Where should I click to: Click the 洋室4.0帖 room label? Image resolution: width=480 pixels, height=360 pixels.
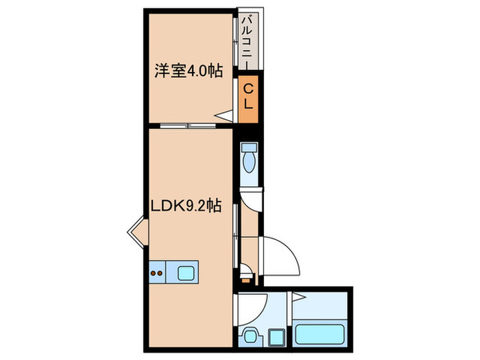coord(187,71)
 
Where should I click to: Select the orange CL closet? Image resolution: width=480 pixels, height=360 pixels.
coord(248,100)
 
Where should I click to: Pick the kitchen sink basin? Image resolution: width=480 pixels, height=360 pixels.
coord(187,272)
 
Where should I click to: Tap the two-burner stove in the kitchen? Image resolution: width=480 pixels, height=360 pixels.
coord(157,272)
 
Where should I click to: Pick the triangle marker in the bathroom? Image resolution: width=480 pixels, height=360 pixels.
coord(298,297)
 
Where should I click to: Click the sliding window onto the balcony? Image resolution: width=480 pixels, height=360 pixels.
coord(236,41)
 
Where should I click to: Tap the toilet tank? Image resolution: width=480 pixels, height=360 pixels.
coord(249,147)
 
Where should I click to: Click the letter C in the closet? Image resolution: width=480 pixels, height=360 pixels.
coord(248,88)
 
